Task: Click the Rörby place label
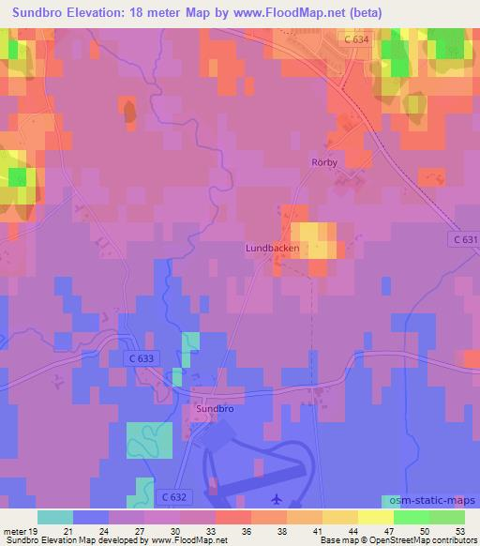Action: [323, 162]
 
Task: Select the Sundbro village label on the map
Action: [214, 409]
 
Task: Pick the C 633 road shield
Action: [140, 358]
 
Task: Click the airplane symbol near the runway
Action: [276, 499]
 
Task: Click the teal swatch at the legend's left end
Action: [55, 517]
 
